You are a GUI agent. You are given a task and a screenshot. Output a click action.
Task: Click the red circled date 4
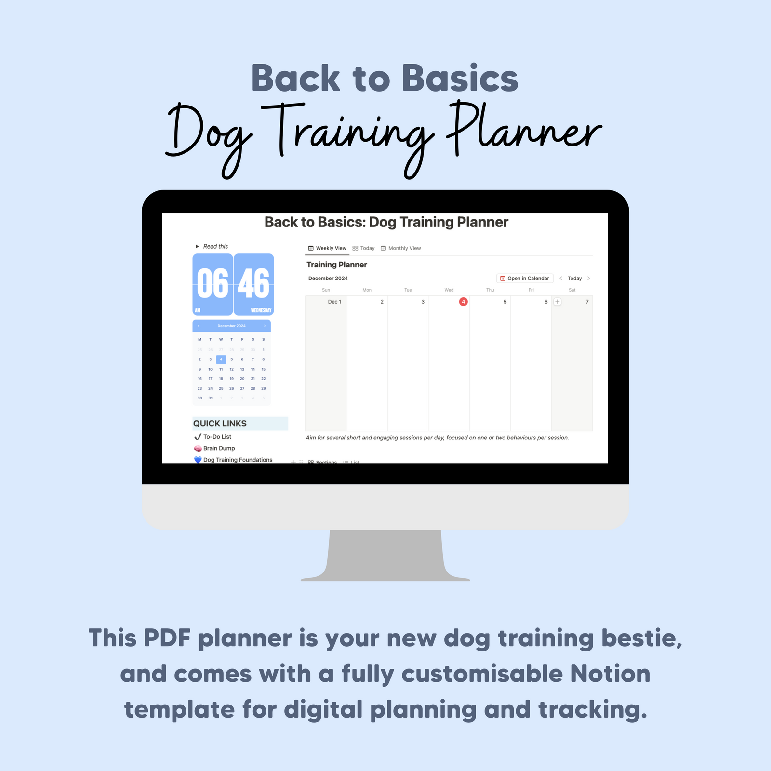463,302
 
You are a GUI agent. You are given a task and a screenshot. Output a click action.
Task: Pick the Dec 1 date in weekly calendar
334,302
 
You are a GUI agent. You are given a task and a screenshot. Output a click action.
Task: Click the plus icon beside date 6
557,302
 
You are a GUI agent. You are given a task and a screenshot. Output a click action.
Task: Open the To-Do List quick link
217,437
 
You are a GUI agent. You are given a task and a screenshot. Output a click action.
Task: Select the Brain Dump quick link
219,448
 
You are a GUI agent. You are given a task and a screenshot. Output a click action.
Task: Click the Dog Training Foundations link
237,460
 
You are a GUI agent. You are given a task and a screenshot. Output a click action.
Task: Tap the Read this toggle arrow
197,246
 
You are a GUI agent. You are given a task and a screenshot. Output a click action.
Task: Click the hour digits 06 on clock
213,284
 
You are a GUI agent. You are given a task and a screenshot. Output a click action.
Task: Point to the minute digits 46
254,284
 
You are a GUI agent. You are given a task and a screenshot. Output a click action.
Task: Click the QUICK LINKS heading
220,424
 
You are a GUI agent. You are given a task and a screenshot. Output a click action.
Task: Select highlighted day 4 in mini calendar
221,359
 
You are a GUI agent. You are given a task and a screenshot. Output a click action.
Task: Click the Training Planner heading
336,265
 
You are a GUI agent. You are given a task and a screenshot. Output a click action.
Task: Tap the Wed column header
449,290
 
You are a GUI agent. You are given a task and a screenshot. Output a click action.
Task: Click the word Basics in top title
460,79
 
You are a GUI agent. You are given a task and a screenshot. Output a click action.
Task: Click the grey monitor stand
385,554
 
